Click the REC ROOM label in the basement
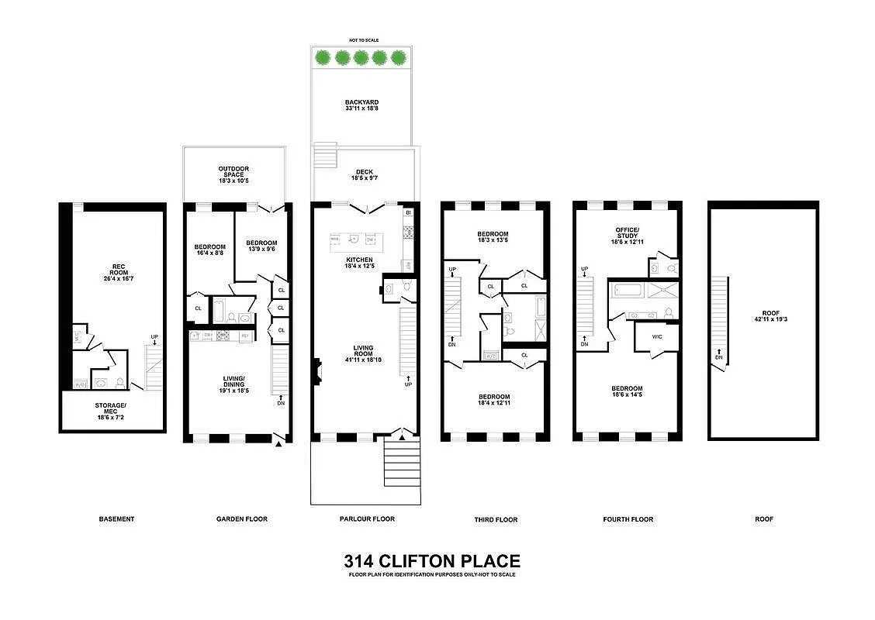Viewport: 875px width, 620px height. [x=117, y=270]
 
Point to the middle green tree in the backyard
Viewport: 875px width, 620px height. [x=361, y=57]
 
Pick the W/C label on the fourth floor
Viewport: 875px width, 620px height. [x=656, y=336]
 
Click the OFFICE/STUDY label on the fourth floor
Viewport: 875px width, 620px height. [x=627, y=235]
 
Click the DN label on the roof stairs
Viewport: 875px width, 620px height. [x=718, y=357]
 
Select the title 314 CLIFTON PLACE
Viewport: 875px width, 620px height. [x=431, y=561]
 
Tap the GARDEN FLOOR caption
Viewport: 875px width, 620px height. [x=242, y=519]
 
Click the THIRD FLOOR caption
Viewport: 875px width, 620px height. [x=496, y=519]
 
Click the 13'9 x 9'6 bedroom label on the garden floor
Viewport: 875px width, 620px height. [x=261, y=251]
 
